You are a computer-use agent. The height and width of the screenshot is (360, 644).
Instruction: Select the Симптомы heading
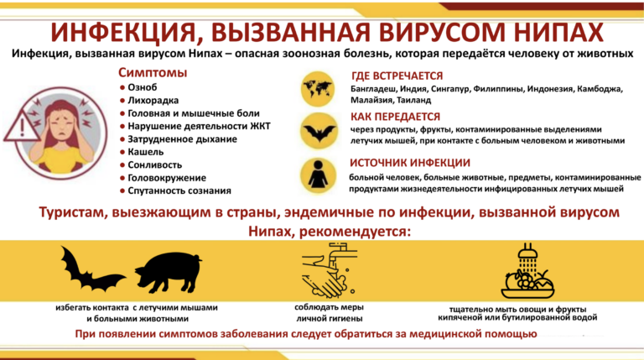(153, 72)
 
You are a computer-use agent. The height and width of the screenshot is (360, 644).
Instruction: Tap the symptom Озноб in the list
(143, 86)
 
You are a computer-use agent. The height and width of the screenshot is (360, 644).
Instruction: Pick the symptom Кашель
(145, 152)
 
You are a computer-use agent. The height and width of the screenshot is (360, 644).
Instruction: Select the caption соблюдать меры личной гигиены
(328, 313)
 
